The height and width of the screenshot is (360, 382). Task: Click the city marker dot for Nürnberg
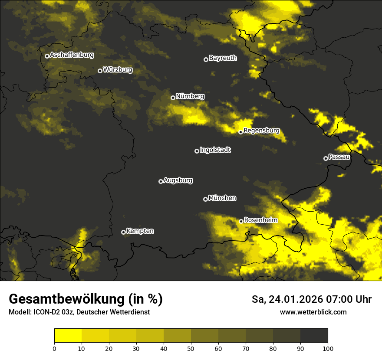173,98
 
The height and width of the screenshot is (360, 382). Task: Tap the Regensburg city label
261,131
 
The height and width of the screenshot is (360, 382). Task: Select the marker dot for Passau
326,158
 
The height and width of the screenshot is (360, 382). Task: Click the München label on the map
222,198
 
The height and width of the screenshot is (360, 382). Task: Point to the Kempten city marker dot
123,232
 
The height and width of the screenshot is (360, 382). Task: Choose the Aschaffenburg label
72,55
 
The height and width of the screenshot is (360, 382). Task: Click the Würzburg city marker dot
100,71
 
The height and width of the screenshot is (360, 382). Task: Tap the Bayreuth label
223,58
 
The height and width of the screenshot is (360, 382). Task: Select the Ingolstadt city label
215,150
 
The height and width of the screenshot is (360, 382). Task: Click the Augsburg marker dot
161,181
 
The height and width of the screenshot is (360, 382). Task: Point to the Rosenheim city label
260,220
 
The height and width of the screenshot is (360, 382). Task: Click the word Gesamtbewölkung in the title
67,299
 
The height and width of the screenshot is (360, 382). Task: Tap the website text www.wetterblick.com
313,312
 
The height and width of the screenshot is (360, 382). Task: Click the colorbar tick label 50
191,348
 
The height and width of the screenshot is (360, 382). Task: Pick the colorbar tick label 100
328,348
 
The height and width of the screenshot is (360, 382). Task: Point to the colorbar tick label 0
54,348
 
